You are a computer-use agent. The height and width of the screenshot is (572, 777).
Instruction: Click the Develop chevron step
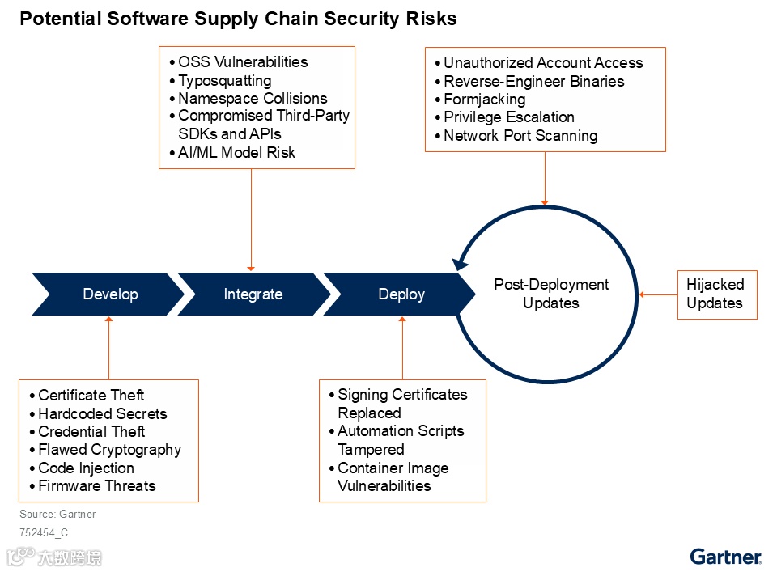coord(110,294)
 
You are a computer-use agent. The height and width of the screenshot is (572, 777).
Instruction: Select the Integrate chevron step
coord(253,294)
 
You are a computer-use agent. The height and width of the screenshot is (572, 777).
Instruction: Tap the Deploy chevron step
coord(401,294)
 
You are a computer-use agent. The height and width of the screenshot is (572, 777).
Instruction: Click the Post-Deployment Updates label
coord(551,294)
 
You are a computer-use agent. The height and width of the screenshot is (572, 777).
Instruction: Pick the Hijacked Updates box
coord(716,294)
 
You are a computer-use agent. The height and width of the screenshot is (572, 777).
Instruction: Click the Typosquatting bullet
coord(224,80)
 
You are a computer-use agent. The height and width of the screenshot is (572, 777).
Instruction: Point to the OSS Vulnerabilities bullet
coord(243,62)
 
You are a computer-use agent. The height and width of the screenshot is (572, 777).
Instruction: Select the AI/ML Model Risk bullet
coord(236,152)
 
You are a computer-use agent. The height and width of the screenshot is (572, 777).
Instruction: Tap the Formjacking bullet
coord(484,100)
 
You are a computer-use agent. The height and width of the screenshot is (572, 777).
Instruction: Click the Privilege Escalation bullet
coord(508,117)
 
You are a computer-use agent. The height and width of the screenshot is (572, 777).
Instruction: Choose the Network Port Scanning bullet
coord(520,136)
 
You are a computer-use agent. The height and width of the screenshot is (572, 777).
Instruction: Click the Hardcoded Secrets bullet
coord(102,413)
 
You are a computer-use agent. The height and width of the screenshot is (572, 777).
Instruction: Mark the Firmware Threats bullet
coord(96,486)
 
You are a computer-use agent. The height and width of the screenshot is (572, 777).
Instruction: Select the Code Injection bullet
coord(86,468)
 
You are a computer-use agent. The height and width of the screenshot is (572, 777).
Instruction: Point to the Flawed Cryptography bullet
coord(109,450)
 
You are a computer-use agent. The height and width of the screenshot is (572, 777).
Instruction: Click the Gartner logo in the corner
coord(725,557)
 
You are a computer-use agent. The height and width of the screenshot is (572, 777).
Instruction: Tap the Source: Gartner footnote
coord(57,514)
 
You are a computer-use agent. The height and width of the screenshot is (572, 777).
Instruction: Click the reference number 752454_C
coord(44,533)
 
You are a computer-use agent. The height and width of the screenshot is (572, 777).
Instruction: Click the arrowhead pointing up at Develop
coord(108,320)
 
